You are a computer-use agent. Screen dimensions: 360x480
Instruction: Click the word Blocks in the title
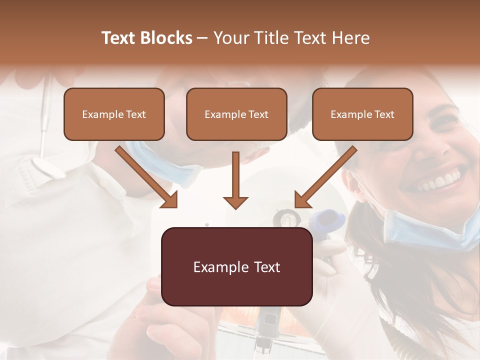pos(166,38)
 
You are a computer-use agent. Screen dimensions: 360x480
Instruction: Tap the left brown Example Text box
pos(114,114)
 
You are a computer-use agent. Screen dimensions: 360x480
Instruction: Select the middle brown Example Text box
pos(236,114)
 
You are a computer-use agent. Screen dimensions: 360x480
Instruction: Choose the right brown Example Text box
pos(362,114)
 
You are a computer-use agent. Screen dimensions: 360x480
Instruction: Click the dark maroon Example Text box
pos(236,266)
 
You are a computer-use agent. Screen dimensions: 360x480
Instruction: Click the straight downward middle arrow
pos(235,180)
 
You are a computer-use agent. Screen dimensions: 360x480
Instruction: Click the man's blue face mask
pos(165,165)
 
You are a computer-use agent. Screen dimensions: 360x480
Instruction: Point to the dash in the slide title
pos(202,38)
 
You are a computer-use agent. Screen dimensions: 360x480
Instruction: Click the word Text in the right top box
pos(384,114)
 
